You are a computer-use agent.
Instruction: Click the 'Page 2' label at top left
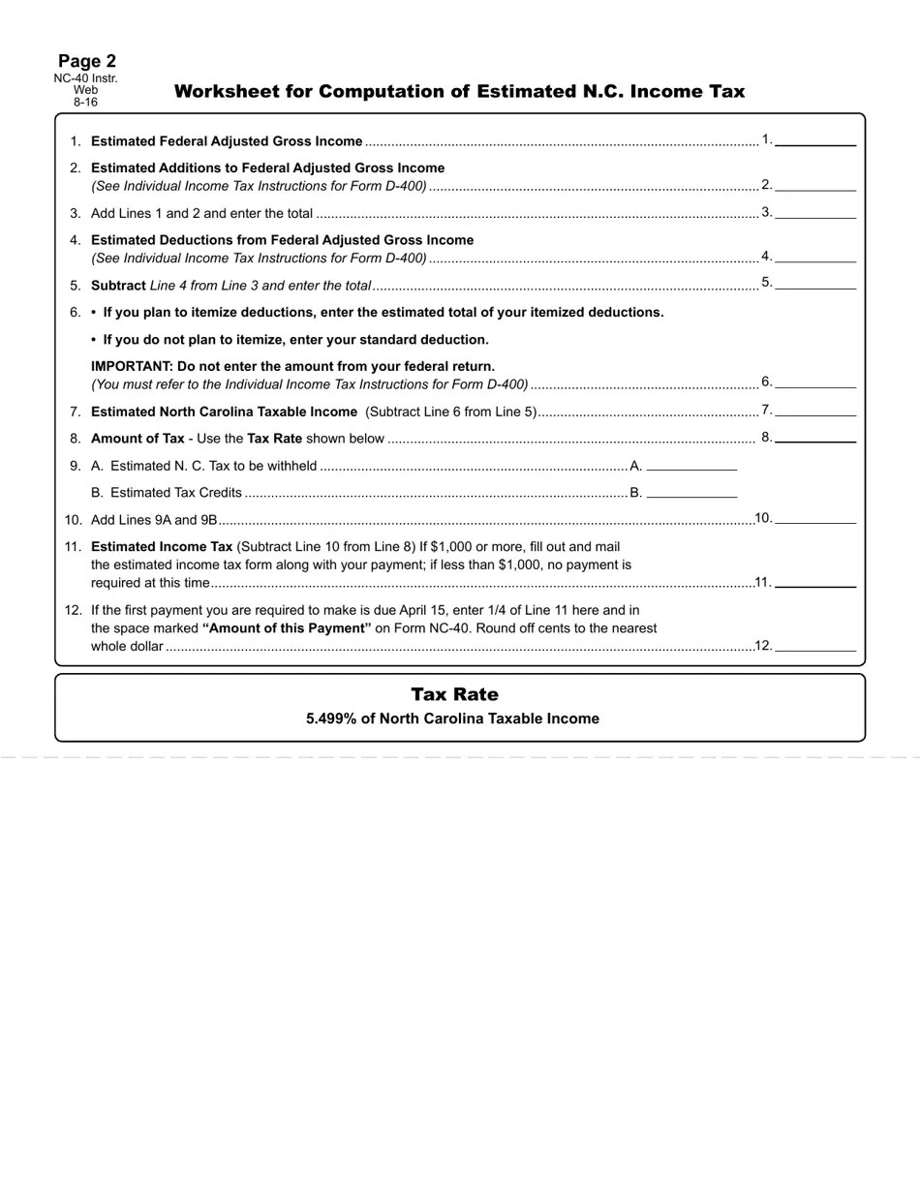tap(87, 61)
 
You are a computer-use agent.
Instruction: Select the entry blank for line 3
tap(815, 213)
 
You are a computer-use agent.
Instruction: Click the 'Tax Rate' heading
tap(454, 694)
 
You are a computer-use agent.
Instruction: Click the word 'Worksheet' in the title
tap(227, 92)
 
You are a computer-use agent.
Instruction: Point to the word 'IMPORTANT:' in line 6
tap(132, 366)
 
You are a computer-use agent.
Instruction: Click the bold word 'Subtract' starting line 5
tap(118, 286)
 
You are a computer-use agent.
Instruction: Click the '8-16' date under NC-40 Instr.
tap(85, 102)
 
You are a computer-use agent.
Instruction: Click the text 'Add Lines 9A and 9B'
tap(154, 519)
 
